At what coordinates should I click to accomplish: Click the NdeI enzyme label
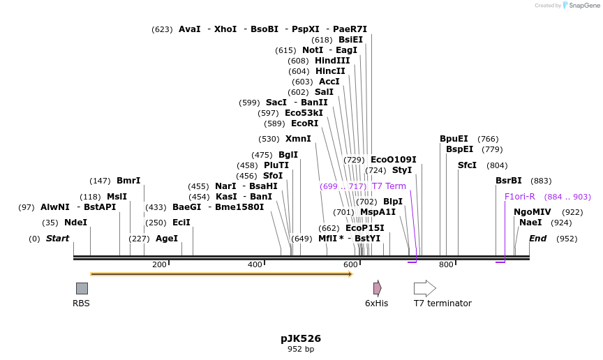(75, 223)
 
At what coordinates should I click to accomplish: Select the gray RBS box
(82, 288)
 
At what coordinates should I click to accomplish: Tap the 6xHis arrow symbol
(377, 288)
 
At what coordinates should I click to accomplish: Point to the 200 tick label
(159, 264)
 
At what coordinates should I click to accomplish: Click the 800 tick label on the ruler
(446, 264)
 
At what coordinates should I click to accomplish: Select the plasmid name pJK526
(301, 338)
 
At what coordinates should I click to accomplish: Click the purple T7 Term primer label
(389, 186)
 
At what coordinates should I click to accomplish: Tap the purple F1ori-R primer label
(520, 197)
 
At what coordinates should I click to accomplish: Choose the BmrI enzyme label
(128, 181)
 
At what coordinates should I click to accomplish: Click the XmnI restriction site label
(298, 139)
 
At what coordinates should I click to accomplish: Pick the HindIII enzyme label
(332, 61)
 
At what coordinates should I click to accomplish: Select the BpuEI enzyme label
(454, 139)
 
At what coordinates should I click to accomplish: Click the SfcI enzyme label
(467, 165)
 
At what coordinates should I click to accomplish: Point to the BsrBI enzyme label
(509, 181)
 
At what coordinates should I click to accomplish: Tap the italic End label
(537, 239)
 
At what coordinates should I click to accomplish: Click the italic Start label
(58, 239)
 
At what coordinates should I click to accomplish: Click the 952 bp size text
(301, 349)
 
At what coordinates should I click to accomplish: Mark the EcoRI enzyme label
(304, 123)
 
